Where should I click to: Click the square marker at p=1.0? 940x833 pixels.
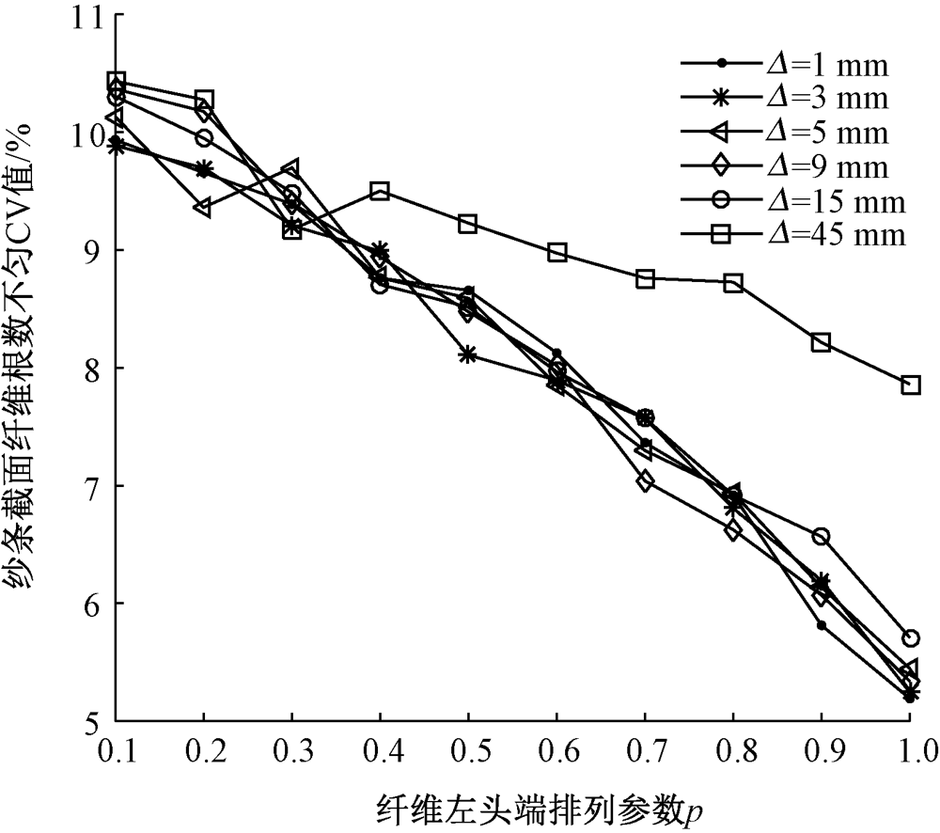(x=910, y=385)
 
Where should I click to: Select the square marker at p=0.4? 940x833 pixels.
(x=380, y=191)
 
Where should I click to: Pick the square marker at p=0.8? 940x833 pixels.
(x=734, y=282)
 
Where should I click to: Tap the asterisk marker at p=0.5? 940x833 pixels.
(x=468, y=354)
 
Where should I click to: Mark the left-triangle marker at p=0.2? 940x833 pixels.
(x=203, y=208)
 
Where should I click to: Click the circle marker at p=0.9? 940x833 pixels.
(x=822, y=536)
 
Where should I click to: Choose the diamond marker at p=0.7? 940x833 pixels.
(x=645, y=481)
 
